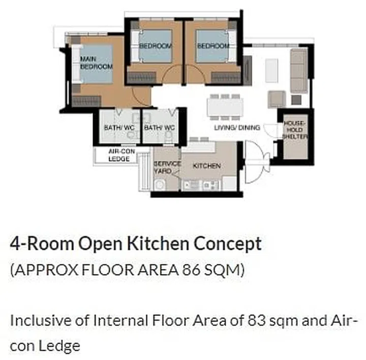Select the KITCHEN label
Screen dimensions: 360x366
[207, 166]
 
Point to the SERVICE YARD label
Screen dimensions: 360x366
[167, 167]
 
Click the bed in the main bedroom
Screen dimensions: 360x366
[95, 64]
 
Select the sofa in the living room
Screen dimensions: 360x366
[298, 71]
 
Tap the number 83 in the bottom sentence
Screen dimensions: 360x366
[257, 321]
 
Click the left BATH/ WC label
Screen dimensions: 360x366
[118, 128]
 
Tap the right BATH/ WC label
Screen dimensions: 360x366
[159, 128]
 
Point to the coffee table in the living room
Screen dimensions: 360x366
[272, 70]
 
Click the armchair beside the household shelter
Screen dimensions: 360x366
[277, 99]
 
